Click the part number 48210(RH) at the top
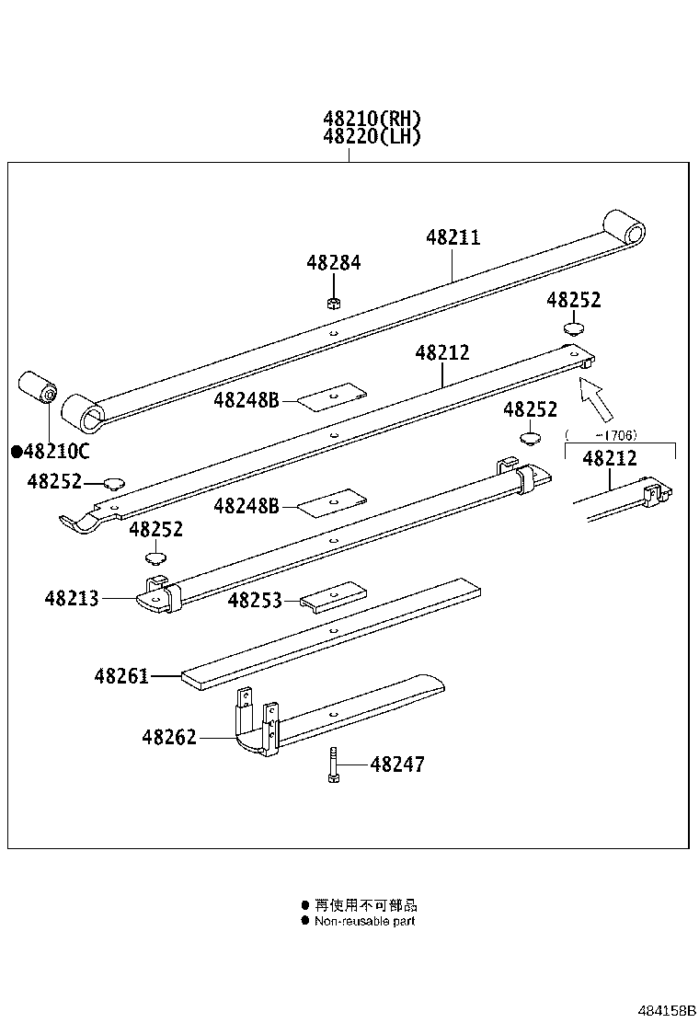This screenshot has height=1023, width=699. [372, 119]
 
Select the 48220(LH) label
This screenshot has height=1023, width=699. [372, 136]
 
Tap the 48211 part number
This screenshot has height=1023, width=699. [453, 237]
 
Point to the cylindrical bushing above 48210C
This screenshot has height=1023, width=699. [39, 388]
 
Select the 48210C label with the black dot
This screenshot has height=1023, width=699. [52, 451]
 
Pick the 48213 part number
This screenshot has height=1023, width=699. [71, 598]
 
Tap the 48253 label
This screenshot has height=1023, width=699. [255, 600]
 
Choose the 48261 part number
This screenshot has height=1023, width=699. [120, 676]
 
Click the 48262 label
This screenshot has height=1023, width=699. [169, 737]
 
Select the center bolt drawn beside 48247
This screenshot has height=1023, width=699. [332, 765]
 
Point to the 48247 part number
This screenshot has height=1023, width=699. [397, 764]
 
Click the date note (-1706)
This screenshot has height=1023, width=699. [602, 434]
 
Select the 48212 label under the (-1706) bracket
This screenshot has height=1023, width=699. [610, 457]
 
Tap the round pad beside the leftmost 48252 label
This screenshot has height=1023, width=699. [114, 481]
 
